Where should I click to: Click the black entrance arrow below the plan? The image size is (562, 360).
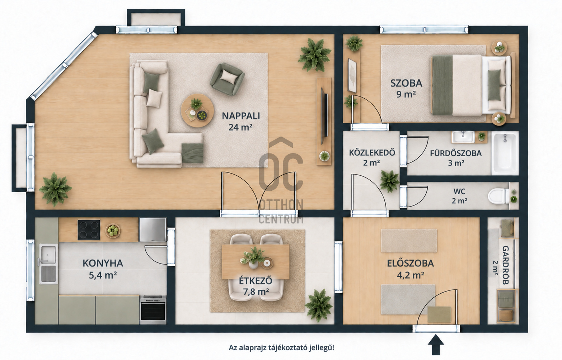436,345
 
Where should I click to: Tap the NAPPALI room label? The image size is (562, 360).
241,116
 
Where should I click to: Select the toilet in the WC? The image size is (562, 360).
498,196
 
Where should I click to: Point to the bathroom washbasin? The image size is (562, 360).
463,137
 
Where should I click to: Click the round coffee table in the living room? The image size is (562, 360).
197,110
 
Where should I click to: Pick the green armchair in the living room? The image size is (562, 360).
227,79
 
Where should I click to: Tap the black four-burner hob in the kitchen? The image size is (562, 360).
89,229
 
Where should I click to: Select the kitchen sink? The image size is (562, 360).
48,264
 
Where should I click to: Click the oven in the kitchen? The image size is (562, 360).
153,309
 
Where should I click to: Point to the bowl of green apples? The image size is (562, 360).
113,231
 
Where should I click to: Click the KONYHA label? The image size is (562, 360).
103,263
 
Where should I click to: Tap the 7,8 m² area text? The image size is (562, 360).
256,292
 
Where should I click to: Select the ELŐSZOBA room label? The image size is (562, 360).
410,263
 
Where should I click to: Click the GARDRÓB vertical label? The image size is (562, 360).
505,265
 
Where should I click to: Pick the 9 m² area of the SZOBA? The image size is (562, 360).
406,94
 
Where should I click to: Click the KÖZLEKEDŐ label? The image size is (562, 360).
372,152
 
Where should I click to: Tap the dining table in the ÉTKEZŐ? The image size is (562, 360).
256,262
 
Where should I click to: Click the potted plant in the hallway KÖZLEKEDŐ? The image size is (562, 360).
389,181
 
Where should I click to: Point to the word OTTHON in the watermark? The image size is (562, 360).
281,205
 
